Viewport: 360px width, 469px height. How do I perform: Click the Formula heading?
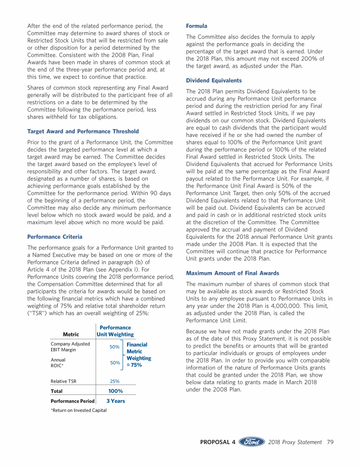196,26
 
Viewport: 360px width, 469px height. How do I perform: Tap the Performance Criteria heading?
55,237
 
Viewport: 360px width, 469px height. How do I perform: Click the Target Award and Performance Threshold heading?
83,131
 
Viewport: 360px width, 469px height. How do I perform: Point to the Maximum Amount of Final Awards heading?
232,273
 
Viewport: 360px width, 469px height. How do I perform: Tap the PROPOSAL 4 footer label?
217,442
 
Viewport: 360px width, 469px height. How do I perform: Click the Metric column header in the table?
71,334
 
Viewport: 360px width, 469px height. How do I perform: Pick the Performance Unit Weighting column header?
115,331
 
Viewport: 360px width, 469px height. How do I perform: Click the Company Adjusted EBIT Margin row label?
70,347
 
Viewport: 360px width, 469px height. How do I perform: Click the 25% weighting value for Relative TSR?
115,381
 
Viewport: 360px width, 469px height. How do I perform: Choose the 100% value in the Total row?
115,391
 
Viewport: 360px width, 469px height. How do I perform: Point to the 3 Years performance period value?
115,401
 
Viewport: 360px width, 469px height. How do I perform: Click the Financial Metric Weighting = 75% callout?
138,355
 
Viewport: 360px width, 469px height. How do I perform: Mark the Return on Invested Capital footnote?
78,410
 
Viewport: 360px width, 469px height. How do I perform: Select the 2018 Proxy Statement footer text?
295,442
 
